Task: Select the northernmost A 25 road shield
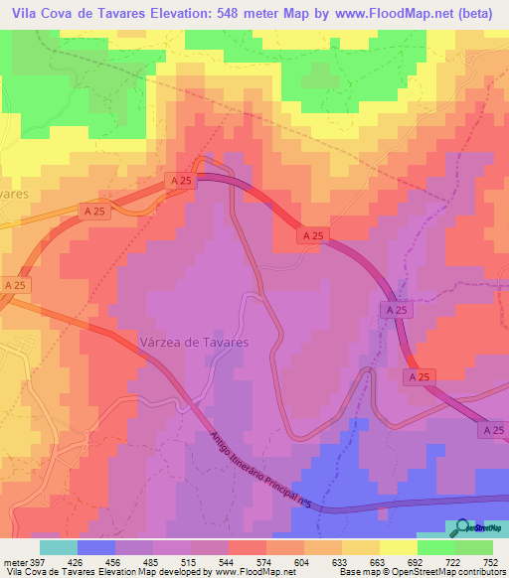pyautogui.click(x=180, y=182)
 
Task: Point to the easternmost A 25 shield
pyautogui.click(x=493, y=429)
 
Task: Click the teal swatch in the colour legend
pyautogui.click(x=58, y=546)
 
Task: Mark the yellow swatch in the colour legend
pyautogui.click(x=360, y=546)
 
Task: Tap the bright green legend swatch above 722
pyautogui.click(x=436, y=546)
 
